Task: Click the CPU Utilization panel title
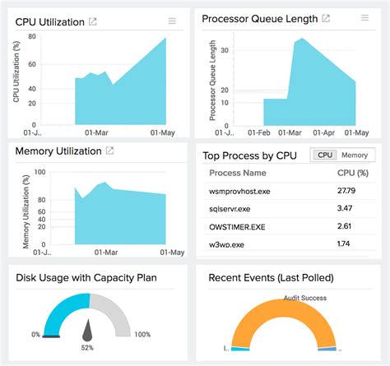50,22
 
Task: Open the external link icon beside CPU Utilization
93,21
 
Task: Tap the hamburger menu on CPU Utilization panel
172,21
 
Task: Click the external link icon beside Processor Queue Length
326,18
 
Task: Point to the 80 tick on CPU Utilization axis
30,36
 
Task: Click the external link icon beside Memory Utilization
109,151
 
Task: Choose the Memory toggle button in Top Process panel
355,155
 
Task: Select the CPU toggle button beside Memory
325,155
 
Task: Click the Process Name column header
238,174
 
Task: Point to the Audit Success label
305,298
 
